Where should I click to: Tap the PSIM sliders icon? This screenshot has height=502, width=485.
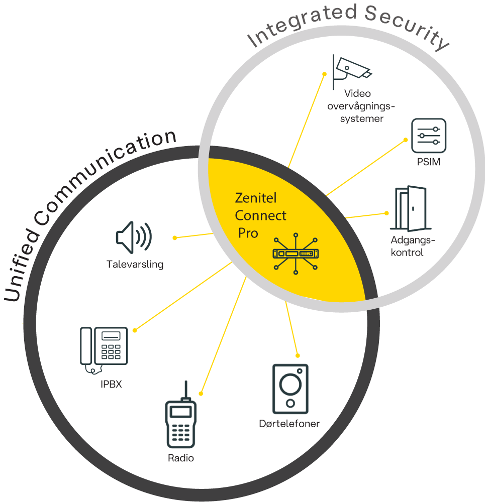point(429,136)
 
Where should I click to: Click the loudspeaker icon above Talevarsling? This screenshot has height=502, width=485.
point(133,237)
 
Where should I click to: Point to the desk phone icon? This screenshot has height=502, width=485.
point(105,349)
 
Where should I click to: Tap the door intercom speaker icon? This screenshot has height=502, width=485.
point(290,387)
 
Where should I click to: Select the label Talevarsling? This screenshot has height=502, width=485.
point(135,264)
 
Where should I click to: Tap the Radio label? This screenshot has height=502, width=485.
point(181,458)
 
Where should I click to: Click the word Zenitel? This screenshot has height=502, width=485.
point(256,197)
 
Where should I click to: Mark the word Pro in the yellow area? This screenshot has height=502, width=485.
point(248,233)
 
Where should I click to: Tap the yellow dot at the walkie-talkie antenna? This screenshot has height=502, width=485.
point(201,393)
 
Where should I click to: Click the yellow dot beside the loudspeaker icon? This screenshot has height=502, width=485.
point(174,237)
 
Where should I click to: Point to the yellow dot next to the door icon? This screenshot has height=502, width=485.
point(386,213)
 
